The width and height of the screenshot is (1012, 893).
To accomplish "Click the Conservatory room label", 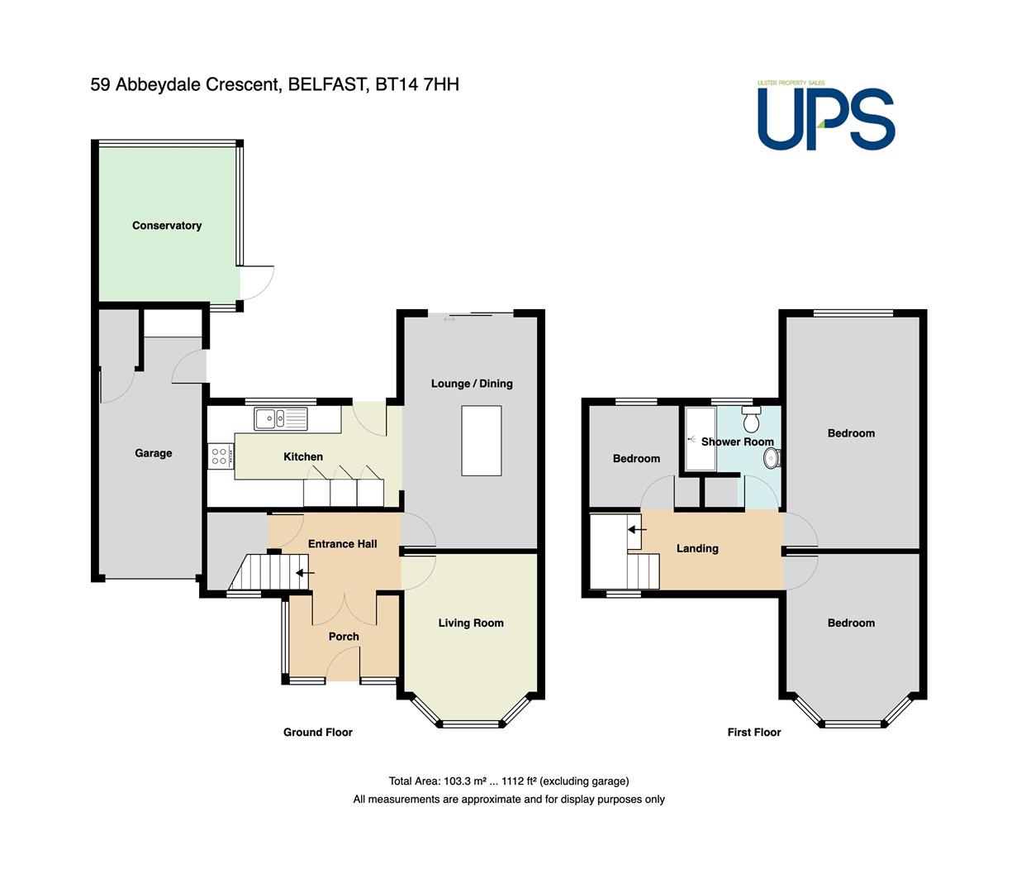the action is click(167, 226).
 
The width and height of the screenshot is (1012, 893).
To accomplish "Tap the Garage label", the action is click(154, 453).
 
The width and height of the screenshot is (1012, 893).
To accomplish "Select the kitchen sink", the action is click(281, 418).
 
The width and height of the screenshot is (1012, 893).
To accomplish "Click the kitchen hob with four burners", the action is click(221, 456).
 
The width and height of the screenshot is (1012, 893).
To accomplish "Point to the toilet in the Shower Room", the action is click(751, 419).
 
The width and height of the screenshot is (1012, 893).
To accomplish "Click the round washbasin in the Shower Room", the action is click(772, 458).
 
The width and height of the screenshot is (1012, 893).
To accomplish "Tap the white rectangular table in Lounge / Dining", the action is click(481, 441).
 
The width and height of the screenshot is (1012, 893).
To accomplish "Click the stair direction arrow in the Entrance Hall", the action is click(305, 573).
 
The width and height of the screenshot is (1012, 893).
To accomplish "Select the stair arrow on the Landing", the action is click(637, 529).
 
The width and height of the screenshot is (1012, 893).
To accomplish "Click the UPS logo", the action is click(825, 116).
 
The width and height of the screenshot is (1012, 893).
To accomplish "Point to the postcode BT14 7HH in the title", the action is click(417, 84).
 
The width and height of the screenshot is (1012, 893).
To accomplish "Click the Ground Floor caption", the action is click(318, 732).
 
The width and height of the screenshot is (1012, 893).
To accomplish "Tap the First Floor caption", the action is click(753, 732).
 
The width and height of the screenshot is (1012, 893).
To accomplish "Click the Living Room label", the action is click(471, 623).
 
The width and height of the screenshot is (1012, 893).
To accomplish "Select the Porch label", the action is click(344, 637).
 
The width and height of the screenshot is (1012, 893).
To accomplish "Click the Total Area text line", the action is click(509, 781).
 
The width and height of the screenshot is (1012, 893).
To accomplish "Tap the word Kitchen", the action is click(303, 456).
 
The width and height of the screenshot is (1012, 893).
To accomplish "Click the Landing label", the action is click(697, 548).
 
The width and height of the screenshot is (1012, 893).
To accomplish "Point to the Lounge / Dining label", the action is click(472, 384).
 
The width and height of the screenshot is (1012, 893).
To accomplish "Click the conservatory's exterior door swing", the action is click(257, 283).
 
